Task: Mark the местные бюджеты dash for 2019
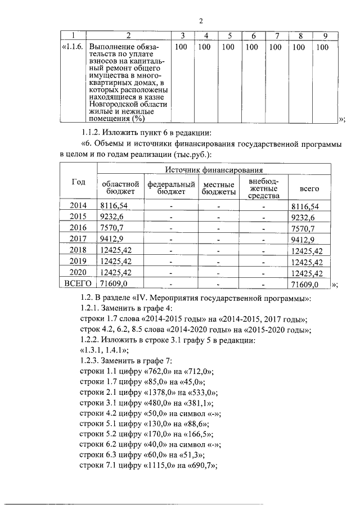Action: point(218,262)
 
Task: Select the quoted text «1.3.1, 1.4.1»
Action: point(106,350)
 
